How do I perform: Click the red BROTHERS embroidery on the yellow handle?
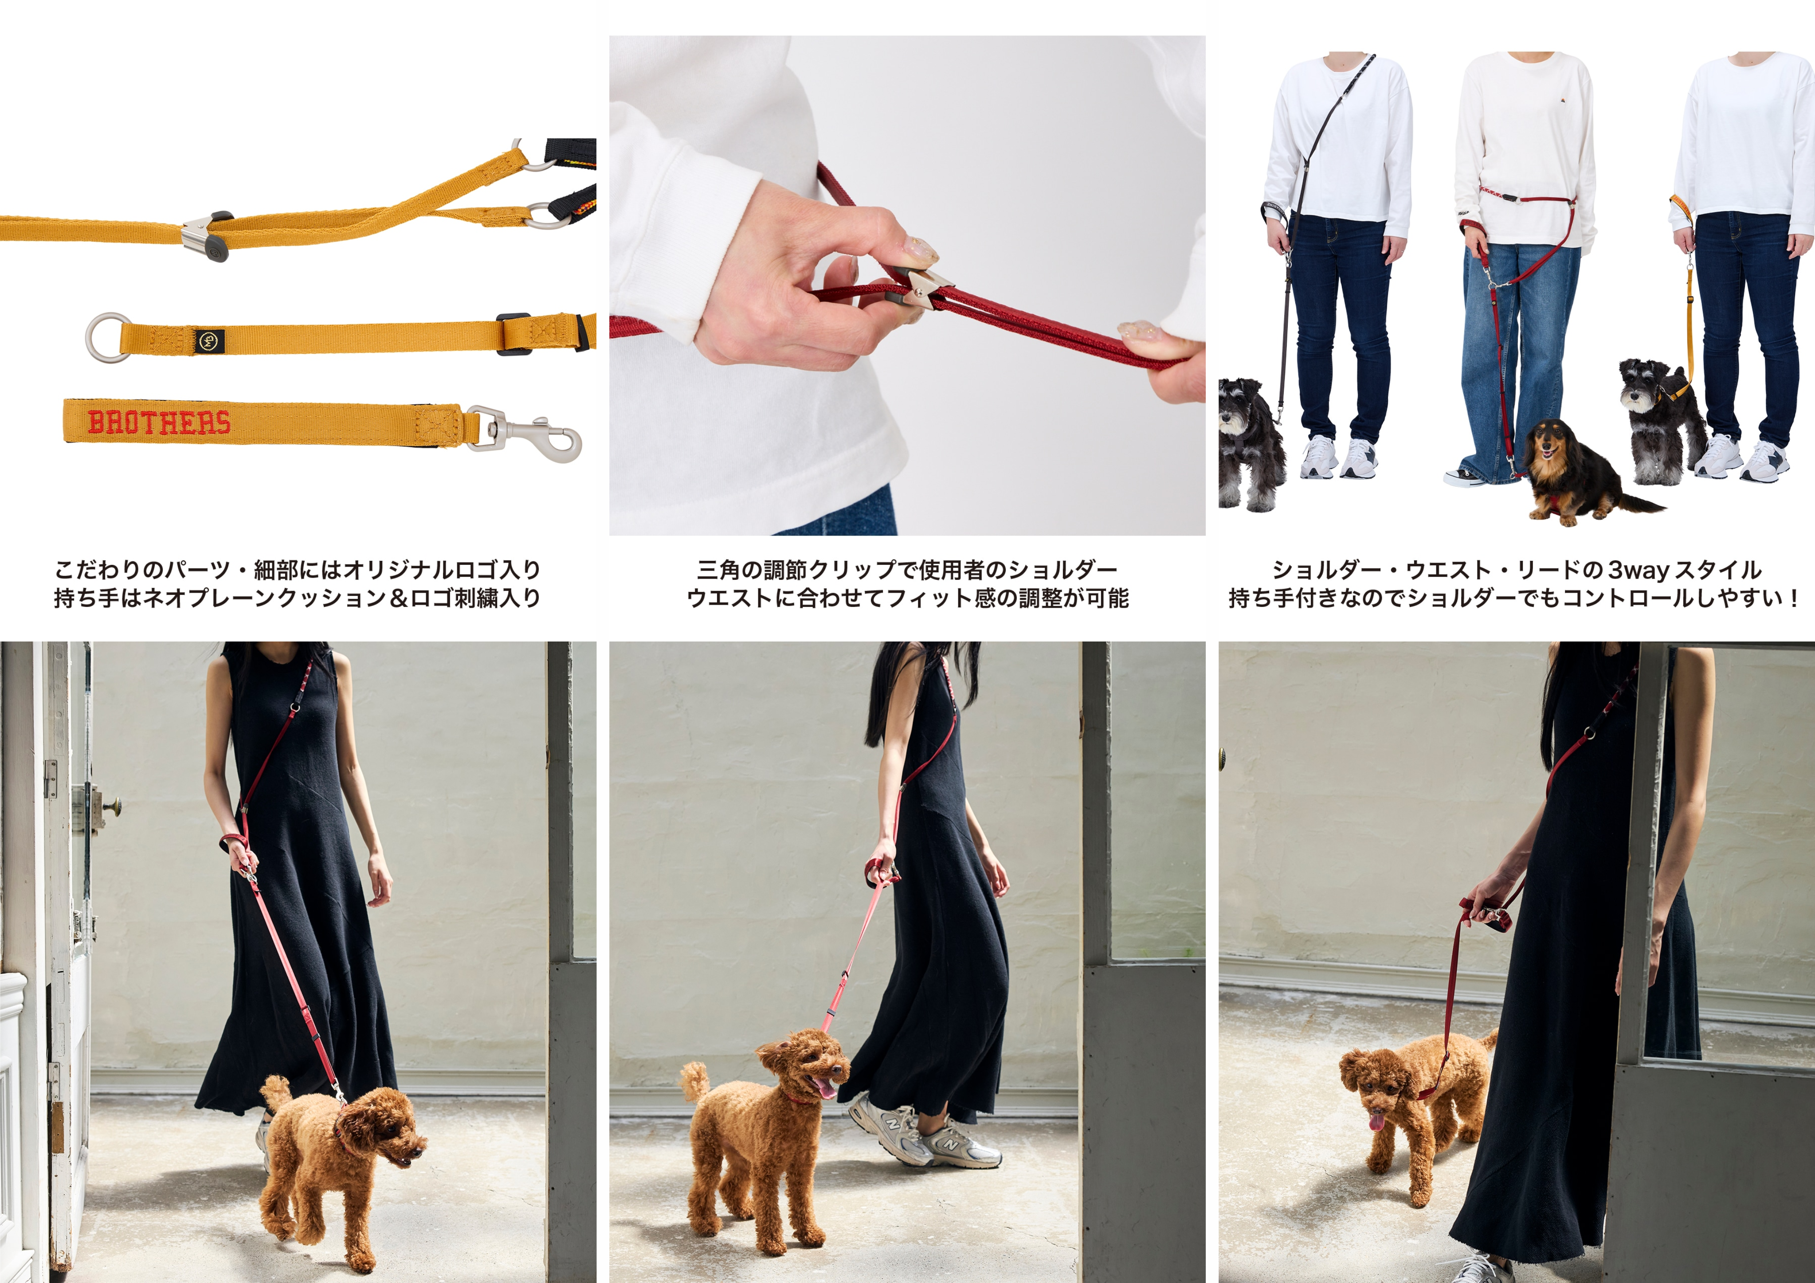(x=159, y=422)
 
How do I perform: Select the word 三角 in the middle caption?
(x=717, y=570)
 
